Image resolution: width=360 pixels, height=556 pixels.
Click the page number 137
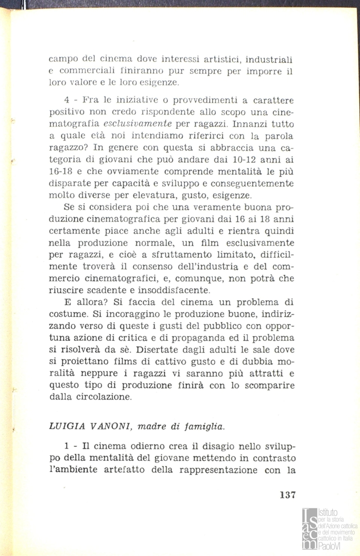(x=287, y=496)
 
